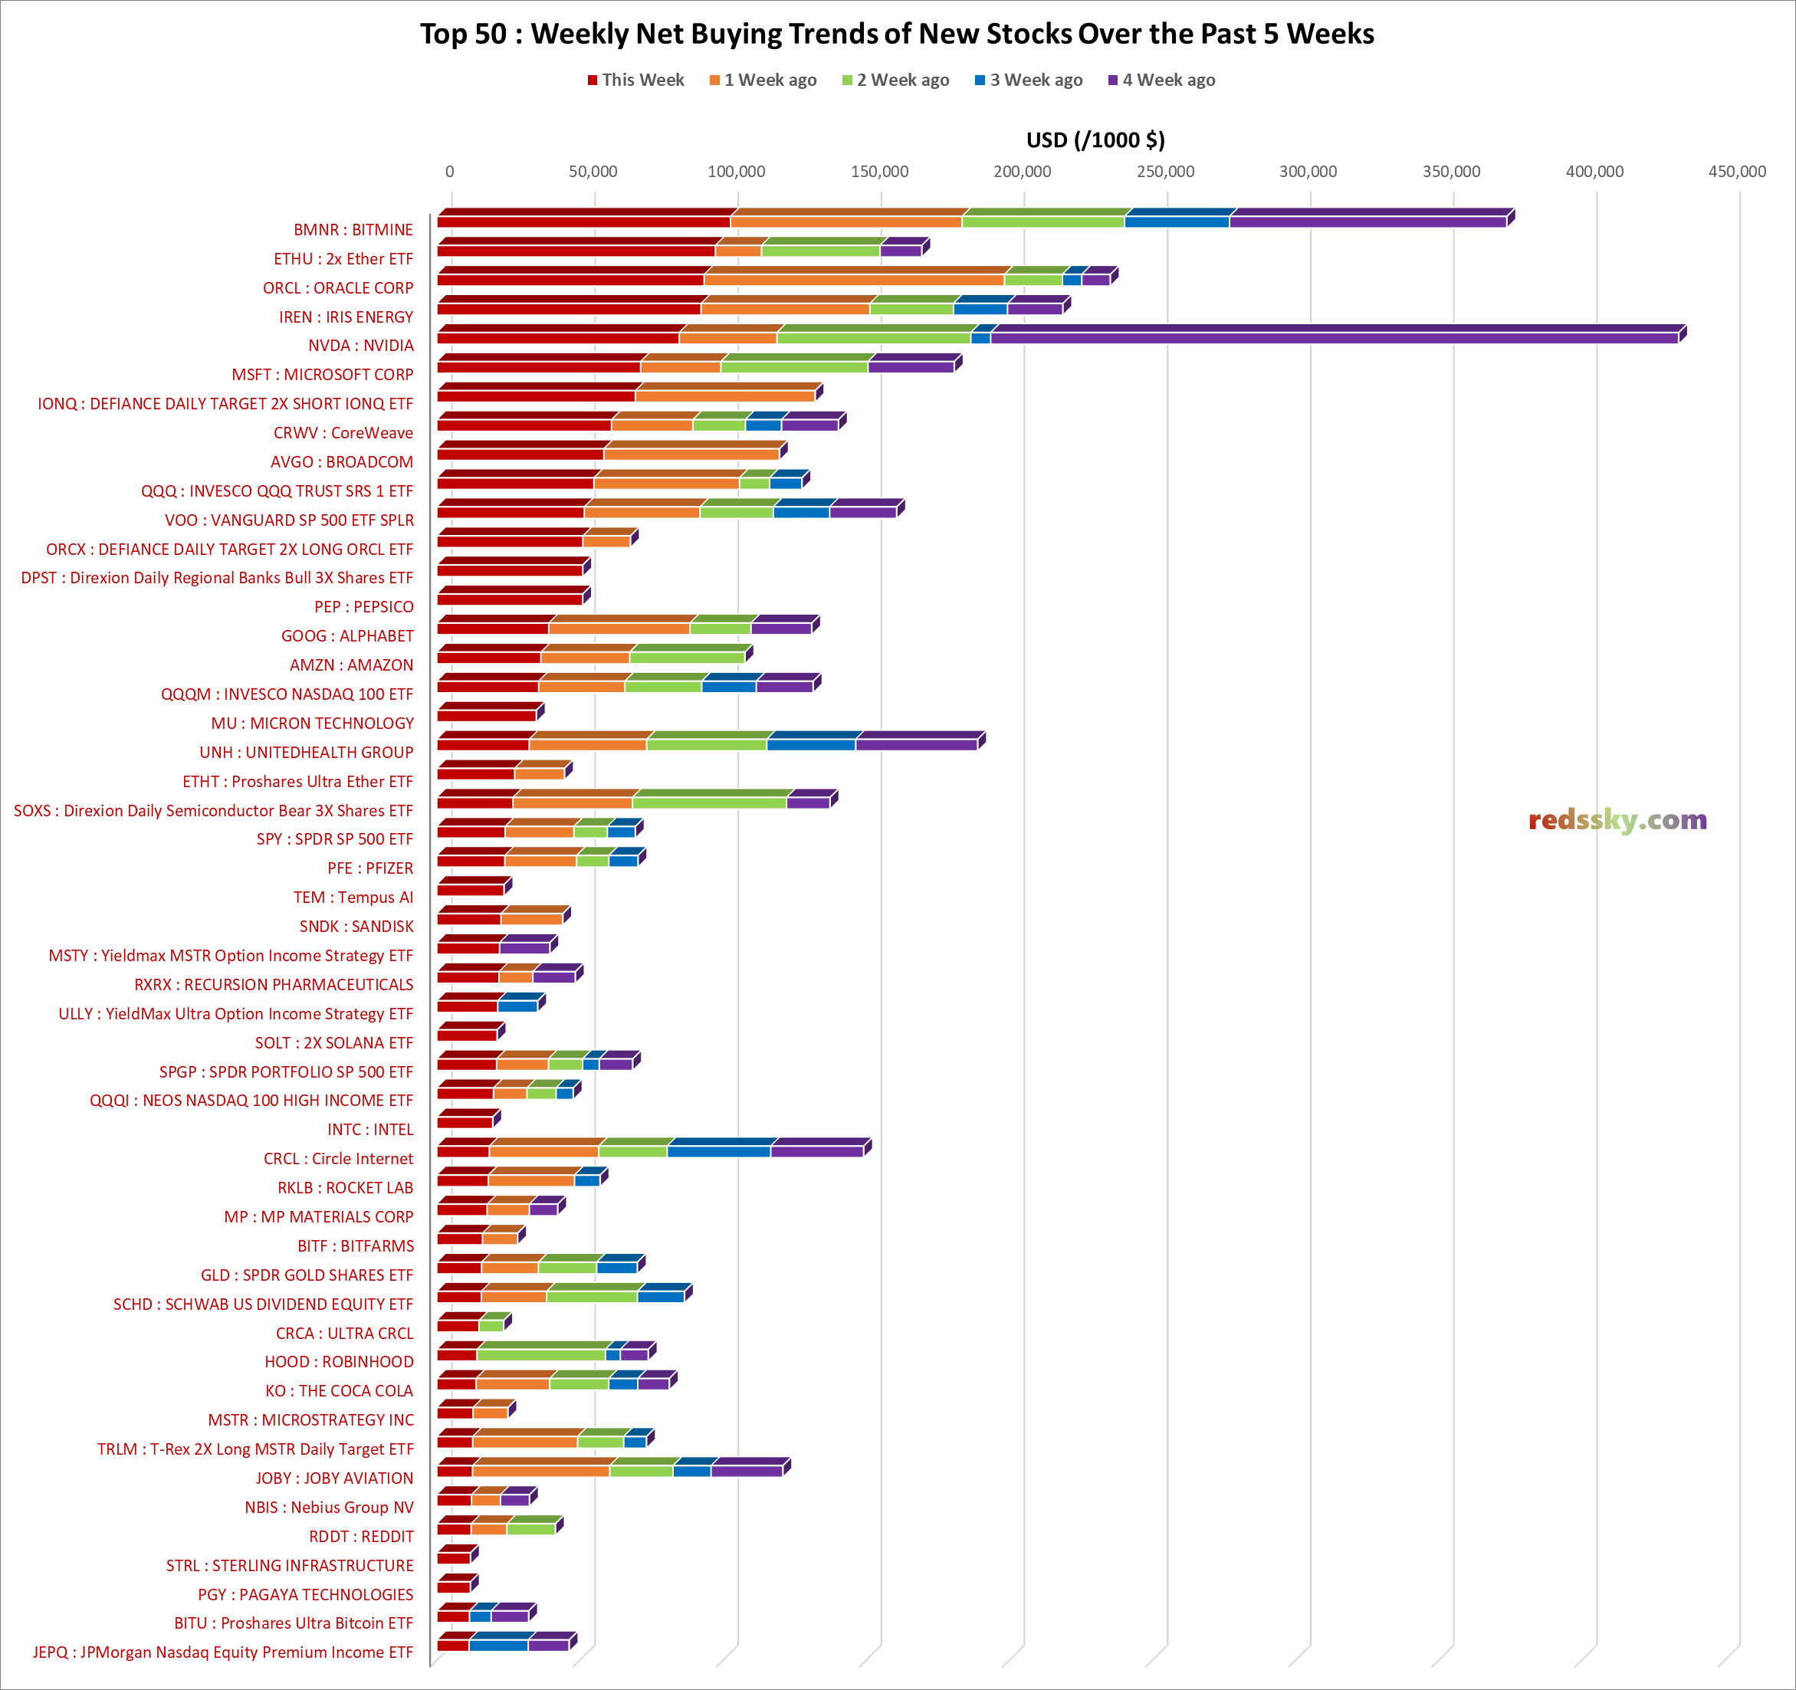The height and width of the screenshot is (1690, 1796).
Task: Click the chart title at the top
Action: tap(896, 34)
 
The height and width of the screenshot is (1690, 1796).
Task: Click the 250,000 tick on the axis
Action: tap(1164, 172)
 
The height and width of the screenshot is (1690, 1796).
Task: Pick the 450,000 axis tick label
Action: tap(1736, 172)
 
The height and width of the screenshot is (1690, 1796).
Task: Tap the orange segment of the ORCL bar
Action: tap(854, 279)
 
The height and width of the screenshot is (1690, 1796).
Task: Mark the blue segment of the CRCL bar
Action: tap(718, 1150)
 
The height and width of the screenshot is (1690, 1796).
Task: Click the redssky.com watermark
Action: tap(1617, 820)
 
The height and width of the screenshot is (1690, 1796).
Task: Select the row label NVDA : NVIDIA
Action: tap(360, 346)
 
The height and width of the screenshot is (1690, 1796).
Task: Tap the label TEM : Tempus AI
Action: tap(353, 898)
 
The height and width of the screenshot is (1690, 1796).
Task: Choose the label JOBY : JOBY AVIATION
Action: tap(333, 1478)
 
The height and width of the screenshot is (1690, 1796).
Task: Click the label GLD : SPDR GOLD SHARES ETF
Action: tap(307, 1275)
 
